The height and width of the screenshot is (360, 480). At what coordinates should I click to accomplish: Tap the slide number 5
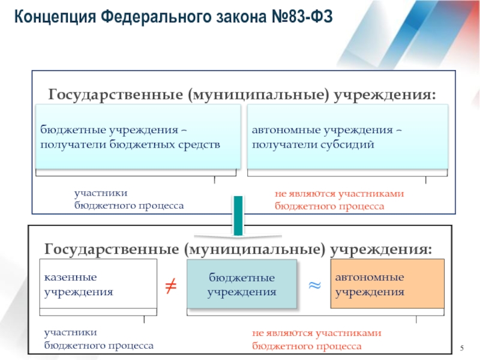point(462,349)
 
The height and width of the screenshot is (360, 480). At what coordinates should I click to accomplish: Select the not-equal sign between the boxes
point(170,287)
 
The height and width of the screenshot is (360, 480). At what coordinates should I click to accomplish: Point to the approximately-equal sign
point(314,285)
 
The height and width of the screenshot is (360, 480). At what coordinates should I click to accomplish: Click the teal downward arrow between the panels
point(238,215)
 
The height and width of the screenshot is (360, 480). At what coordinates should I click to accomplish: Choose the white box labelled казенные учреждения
point(98,284)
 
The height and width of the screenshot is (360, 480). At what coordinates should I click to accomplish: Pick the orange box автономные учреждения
point(388,284)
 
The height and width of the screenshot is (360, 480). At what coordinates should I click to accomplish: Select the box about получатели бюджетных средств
point(138,137)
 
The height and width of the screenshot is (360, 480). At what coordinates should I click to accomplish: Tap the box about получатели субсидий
point(347,137)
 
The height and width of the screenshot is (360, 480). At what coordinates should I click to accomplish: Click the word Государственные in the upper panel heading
point(115,95)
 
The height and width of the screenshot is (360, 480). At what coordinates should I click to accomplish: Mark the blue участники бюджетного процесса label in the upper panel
point(129,199)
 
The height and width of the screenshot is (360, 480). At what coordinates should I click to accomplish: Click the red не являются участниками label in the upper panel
point(340,199)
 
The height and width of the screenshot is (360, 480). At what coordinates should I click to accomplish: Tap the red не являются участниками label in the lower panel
point(317,340)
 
